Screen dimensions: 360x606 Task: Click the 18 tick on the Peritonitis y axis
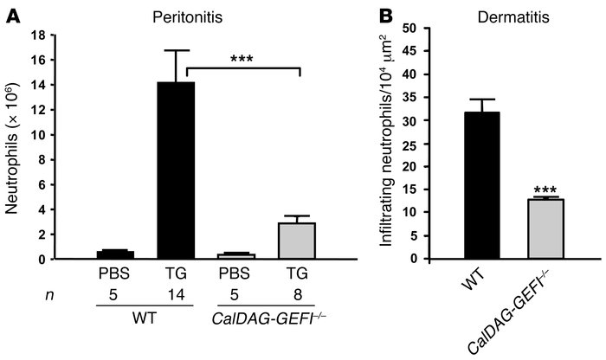pos(61,35)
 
